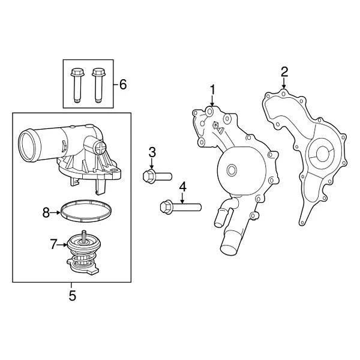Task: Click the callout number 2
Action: pos(284,72)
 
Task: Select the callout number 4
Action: pos(182,186)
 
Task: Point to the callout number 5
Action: pos(73,295)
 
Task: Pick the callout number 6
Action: pos(122,84)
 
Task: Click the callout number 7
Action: pos(53,244)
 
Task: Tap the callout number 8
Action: pos(46,211)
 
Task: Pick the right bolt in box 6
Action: pos(97,84)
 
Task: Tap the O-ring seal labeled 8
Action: pos(86,212)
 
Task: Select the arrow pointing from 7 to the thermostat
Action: pos(62,245)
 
